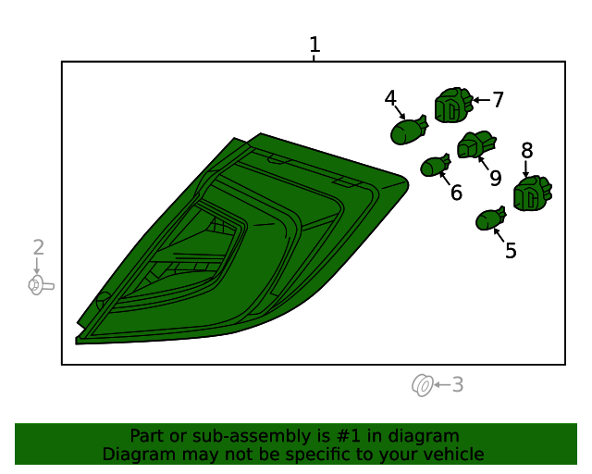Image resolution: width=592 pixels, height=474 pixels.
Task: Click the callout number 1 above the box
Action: point(314,44)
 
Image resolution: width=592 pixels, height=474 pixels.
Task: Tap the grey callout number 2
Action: point(39,247)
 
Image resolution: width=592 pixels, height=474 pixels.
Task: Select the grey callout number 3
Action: point(458,384)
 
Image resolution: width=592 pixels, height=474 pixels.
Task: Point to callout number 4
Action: point(390,98)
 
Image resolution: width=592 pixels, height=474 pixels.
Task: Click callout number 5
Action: point(511,251)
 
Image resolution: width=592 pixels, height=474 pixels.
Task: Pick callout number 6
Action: point(456,193)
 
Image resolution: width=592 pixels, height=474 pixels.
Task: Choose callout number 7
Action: point(499,100)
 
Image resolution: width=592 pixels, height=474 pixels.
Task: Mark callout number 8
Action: point(527,151)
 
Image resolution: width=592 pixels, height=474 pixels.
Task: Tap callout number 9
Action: point(496,178)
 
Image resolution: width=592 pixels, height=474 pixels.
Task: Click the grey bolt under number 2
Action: point(41,285)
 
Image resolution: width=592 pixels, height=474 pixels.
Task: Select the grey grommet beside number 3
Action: point(422,385)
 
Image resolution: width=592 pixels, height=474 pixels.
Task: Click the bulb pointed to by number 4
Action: point(409,131)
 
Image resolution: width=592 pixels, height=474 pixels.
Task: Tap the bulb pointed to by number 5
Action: point(490,218)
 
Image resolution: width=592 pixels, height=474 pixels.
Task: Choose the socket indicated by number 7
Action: point(453,106)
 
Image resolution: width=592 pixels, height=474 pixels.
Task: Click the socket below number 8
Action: point(533,193)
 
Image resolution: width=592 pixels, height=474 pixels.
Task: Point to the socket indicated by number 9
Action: point(476,144)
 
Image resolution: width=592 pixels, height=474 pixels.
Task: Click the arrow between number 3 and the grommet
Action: point(442,385)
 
